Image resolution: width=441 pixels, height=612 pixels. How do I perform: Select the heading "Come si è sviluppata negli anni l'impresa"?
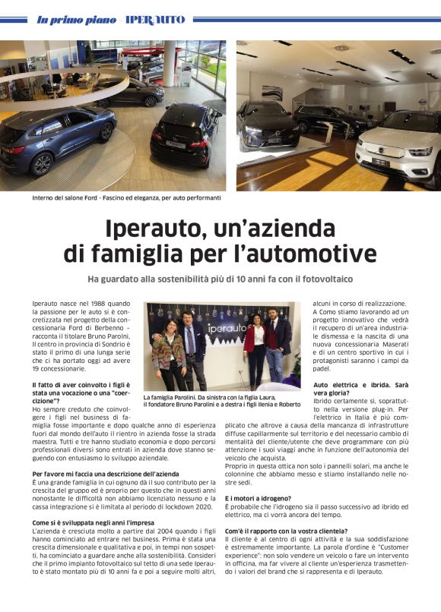click(x=93, y=522)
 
